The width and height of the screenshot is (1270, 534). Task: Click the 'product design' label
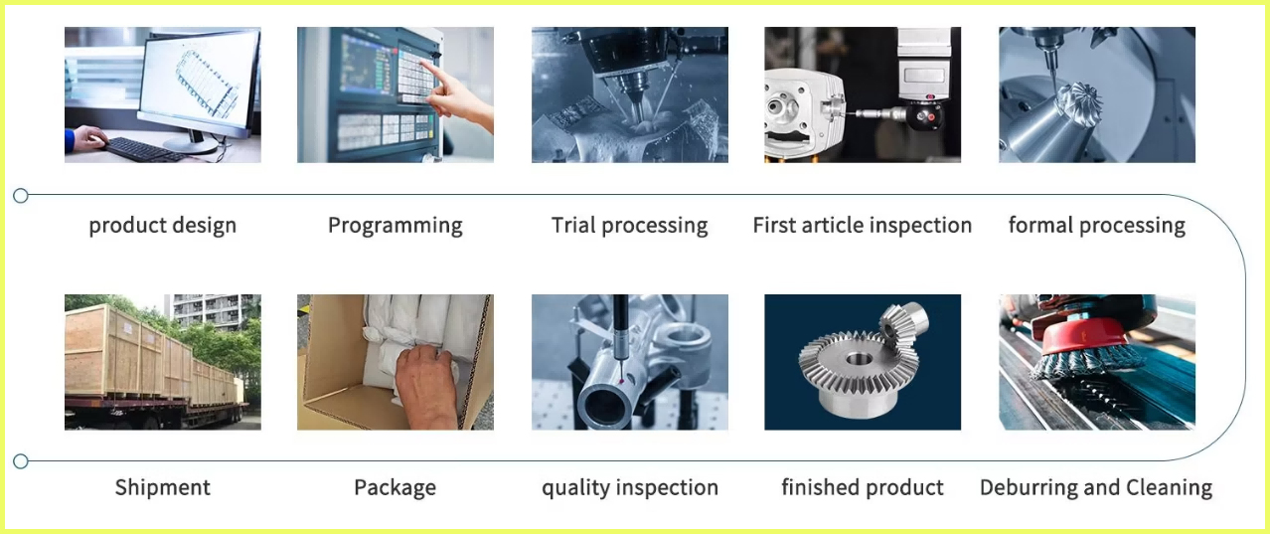coord(163,226)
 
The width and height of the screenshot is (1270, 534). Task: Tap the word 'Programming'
coord(396,226)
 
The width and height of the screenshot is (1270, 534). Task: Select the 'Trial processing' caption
coord(629,226)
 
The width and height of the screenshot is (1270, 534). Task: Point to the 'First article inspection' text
coord(863,226)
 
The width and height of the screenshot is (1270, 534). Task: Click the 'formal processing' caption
coord(1096,226)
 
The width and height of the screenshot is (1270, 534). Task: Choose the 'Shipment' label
coord(163,487)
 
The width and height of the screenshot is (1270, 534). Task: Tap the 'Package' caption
coord(396,487)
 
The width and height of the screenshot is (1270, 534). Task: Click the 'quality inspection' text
coord(629,487)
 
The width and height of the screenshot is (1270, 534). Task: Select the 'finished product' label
coord(863,487)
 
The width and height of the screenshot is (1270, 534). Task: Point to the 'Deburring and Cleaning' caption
coord(1096,487)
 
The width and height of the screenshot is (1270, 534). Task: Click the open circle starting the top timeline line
coord(21,196)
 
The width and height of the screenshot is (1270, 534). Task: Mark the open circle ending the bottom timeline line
coord(21,461)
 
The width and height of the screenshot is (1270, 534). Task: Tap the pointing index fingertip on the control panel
coord(423,63)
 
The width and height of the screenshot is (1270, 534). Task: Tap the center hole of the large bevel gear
coord(859,360)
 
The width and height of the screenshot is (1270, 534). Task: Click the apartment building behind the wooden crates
coord(212,311)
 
